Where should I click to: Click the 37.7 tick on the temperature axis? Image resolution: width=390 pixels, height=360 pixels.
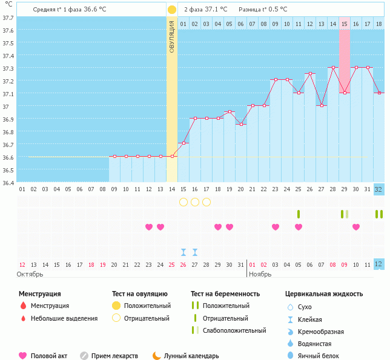tap(8, 18)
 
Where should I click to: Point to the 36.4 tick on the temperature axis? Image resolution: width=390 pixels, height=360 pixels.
tap(8, 182)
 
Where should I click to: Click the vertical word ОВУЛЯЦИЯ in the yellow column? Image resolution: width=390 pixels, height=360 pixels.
tap(172, 37)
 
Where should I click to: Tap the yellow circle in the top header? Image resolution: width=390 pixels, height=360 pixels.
tap(172, 10)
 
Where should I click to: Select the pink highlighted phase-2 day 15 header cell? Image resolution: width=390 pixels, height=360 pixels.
tap(344, 24)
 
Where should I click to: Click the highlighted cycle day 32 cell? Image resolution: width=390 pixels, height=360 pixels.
tap(378, 189)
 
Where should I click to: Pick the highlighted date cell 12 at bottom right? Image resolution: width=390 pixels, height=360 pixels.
tap(378, 264)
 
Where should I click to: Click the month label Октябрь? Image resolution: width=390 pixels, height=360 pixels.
tap(31, 274)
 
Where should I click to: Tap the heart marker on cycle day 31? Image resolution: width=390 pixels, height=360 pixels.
tap(356, 227)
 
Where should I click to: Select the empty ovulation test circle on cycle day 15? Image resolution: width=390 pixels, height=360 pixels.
tap(183, 201)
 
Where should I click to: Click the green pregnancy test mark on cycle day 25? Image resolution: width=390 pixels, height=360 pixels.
tap(299, 214)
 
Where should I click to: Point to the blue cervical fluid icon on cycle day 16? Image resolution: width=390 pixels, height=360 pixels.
tap(195, 252)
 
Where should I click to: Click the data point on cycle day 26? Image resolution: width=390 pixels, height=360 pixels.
tap(310, 74)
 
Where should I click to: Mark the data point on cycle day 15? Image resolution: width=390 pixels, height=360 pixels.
tap(183, 143)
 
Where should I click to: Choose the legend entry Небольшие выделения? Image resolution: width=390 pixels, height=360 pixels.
tap(64, 318)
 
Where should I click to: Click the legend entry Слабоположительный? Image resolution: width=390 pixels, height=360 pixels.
tap(234, 330)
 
